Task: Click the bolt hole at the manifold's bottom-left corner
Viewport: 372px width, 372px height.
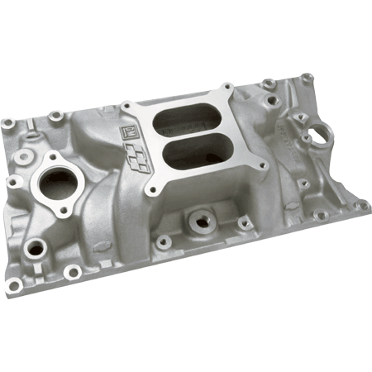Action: click(14, 285)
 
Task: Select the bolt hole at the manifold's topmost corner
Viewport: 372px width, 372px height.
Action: click(306, 78)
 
